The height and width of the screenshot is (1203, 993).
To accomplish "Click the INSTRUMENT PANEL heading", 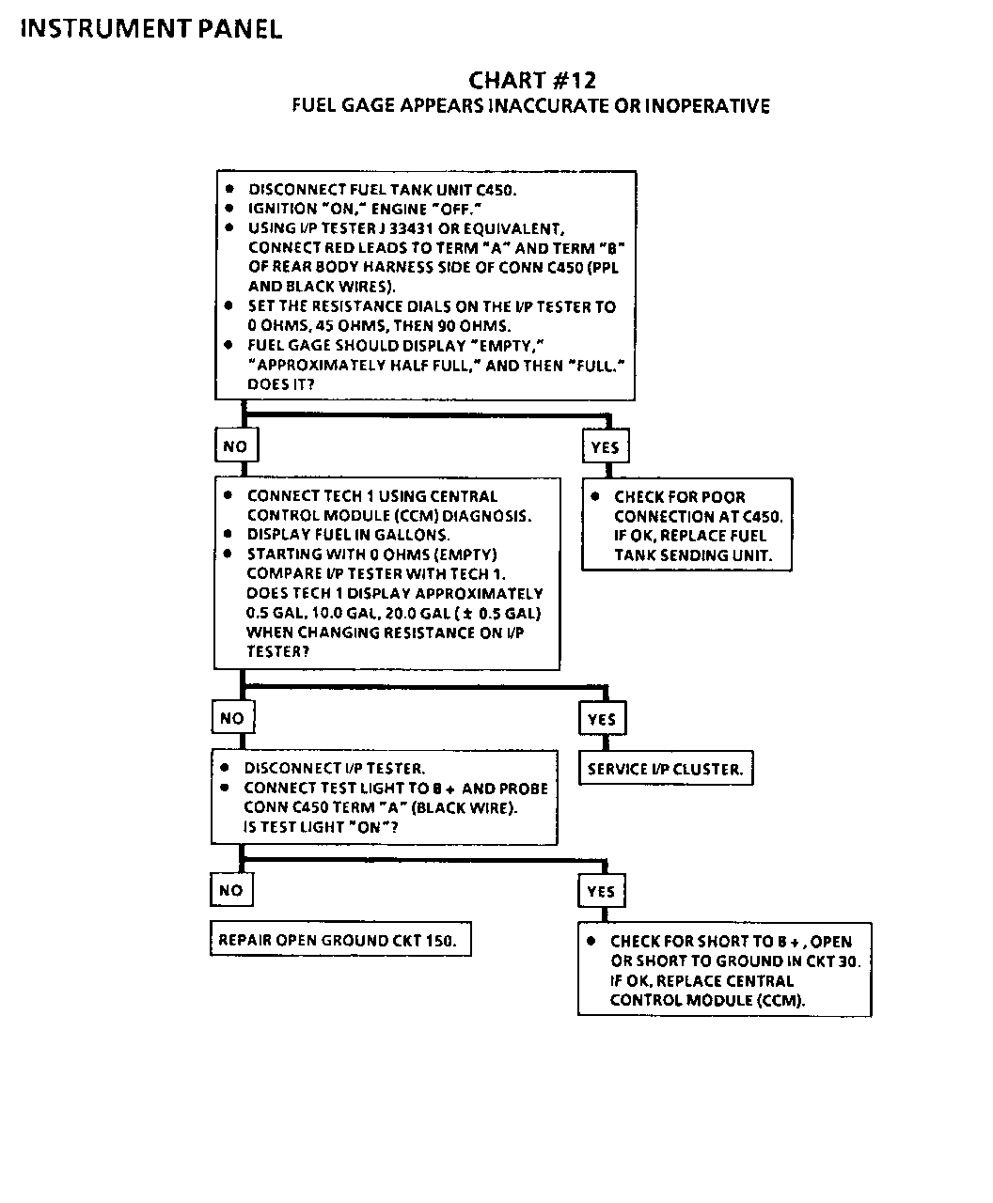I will (150, 28).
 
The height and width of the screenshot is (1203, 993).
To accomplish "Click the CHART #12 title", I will (532, 81).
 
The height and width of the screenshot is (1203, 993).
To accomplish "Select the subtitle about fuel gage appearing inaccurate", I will (530, 105).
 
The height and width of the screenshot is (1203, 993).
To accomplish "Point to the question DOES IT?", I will (280, 384).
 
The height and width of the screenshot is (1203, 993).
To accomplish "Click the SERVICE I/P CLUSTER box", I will (665, 769).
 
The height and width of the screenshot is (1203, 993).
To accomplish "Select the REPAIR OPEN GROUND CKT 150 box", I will (339, 940).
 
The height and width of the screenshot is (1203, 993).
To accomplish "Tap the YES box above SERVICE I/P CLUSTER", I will (601, 719).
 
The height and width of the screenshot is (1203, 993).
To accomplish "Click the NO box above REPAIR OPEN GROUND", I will (230, 890).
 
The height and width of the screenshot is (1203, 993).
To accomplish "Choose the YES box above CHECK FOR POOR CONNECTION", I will (605, 447).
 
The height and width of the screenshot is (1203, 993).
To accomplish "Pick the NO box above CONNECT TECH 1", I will (234, 446).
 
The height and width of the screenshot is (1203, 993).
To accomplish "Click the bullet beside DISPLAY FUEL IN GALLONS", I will (228, 534).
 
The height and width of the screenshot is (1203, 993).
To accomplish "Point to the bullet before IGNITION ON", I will (229, 209).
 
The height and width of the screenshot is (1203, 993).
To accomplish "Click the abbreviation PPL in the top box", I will (599, 268).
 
